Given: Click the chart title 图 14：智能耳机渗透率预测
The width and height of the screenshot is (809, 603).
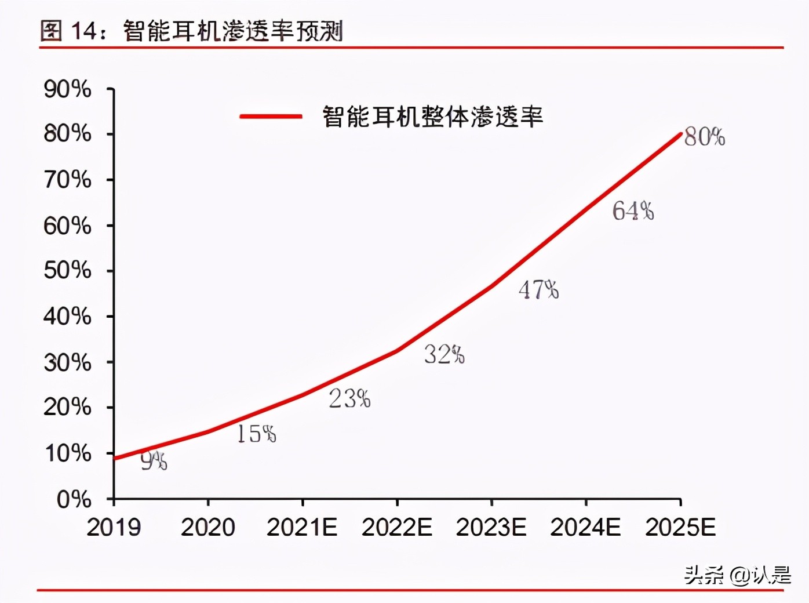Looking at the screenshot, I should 192,30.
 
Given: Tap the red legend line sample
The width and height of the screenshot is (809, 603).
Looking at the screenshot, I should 271,117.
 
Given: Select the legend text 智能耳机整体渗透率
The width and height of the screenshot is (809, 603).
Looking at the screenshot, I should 432,117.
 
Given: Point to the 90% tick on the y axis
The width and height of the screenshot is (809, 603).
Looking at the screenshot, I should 67,89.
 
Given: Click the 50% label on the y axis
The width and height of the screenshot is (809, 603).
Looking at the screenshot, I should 67,270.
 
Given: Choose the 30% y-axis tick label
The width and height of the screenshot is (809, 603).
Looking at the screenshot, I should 67,362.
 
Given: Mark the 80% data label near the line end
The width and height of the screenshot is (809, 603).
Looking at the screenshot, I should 704,137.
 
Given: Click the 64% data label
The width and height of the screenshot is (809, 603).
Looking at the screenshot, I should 633,211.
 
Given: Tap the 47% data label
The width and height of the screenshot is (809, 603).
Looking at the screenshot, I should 538,289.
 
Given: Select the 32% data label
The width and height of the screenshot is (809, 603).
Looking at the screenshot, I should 444,354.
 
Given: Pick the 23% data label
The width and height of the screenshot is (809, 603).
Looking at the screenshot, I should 349,398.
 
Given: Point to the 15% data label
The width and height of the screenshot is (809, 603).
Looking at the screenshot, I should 256,434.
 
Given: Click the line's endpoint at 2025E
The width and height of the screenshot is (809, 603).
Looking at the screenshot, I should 680,134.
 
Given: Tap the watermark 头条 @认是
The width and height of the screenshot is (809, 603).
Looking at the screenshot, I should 737,575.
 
